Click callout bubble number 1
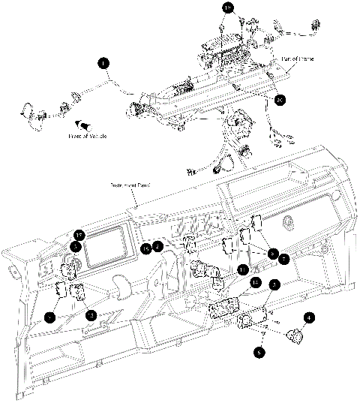(103, 65)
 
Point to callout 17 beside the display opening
(78, 233)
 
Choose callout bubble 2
(158, 245)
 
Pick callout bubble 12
(255, 283)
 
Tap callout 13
(90, 315)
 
